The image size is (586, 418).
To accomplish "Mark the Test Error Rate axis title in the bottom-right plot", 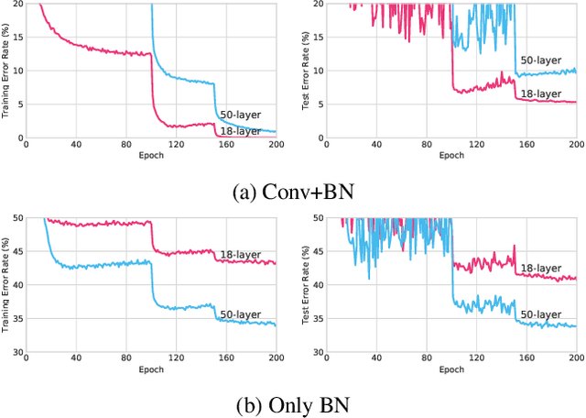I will click(x=307, y=284).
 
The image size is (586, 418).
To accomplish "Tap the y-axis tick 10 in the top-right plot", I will click(x=317, y=71).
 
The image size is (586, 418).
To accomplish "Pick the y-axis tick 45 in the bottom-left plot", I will click(x=16, y=251).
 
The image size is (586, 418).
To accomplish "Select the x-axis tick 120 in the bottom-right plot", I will click(x=476, y=359).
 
